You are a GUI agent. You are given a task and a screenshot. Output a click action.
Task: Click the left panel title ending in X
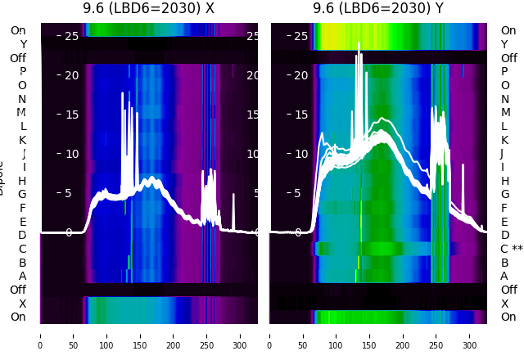(148, 8)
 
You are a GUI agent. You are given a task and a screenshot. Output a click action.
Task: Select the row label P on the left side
(23, 72)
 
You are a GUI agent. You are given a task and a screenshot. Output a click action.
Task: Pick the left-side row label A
(23, 276)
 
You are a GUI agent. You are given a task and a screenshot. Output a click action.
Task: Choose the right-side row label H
(504, 181)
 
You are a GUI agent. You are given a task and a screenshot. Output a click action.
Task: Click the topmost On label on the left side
(18, 31)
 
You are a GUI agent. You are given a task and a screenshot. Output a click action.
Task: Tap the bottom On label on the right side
(508, 317)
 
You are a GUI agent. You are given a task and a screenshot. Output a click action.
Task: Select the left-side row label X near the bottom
(23, 304)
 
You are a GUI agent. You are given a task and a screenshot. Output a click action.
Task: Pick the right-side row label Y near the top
(504, 44)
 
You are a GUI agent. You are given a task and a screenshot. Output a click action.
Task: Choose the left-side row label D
(23, 236)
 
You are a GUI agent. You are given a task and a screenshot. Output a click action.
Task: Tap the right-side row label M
(504, 113)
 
